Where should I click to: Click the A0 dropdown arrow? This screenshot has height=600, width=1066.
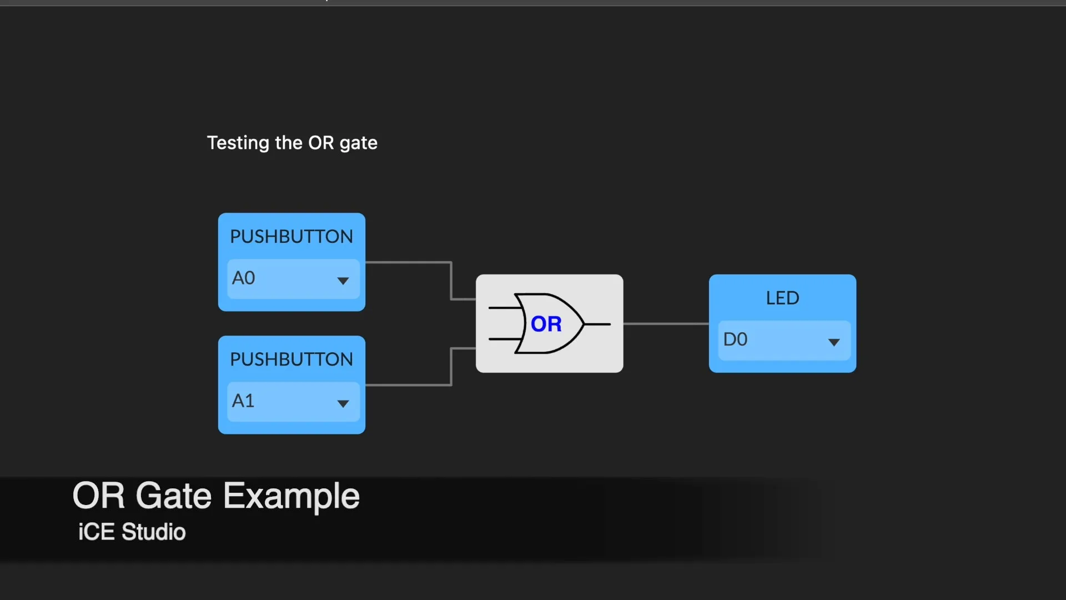click(343, 281)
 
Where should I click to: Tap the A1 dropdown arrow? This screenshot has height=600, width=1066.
click(343, 404)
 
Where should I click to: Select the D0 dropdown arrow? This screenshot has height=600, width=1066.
click(834, 342)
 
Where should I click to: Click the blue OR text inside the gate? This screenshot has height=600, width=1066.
click(546, 324)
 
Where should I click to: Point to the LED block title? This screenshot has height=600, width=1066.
click(783, 298)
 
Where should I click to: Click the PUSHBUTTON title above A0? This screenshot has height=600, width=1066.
click(291, 237)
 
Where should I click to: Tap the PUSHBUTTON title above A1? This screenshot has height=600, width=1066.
click(291, 359)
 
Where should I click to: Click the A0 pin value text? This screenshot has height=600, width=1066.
click(243, 278)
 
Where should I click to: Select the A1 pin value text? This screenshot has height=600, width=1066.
click(243, 401)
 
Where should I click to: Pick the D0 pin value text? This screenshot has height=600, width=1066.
click(735, 339)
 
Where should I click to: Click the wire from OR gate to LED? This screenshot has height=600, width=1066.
click(666, 323)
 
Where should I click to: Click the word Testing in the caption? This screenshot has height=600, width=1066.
click(238, 143)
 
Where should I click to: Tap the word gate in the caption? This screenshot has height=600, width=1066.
click(359, 144)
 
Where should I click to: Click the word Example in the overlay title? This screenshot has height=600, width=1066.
click(292, 496)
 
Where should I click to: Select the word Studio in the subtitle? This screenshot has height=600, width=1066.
click(154, 532)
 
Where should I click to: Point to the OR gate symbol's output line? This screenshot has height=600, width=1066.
click(597, 324)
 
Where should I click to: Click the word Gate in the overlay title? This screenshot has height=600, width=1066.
click(174, 496)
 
